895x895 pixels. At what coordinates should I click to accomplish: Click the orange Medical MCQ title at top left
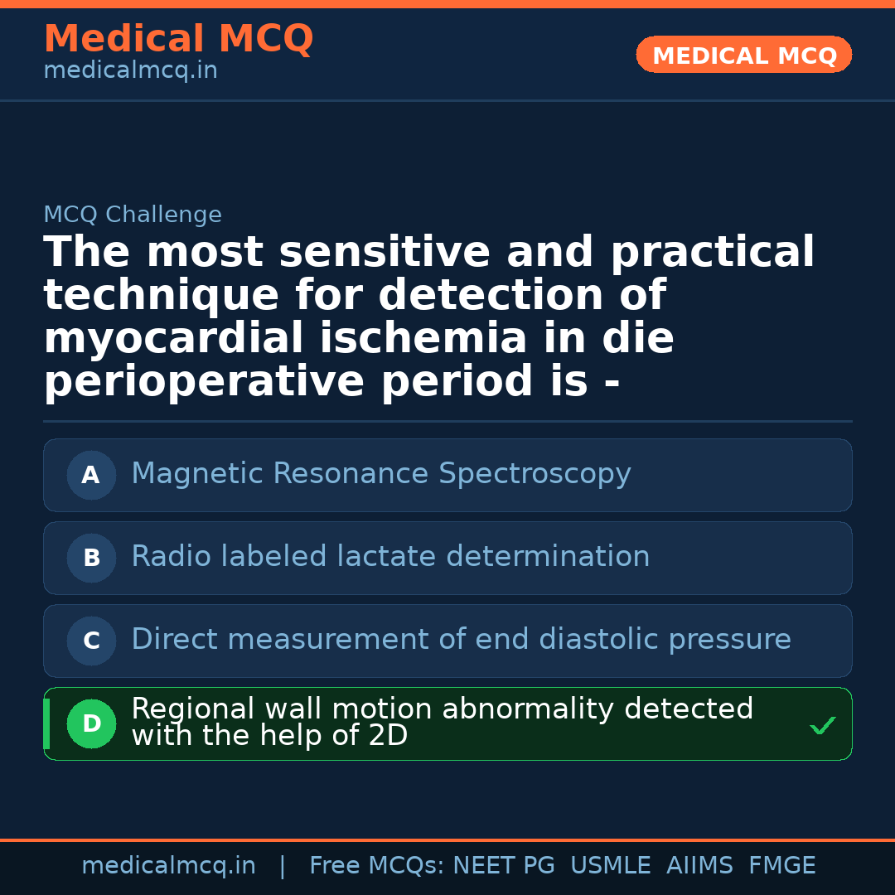(x=178, y=39)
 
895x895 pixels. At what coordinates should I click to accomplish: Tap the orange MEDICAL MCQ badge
(x=743, y=55)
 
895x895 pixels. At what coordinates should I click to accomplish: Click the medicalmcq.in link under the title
(x=130, y=70)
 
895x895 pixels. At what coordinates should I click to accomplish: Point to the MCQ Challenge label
(x=133, y=215)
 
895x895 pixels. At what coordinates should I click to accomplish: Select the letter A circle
(x=91, y=475)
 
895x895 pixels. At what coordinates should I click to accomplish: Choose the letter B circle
(x=91, y=558)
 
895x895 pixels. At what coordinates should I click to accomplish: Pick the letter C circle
(x=91, y=641)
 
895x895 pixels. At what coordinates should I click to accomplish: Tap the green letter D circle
(x=91, y=723)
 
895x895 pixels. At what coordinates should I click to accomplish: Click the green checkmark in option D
(x=822, y=726)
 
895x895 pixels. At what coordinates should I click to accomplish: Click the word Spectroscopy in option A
(x=535, y=474)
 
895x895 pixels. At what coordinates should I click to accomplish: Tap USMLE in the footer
(x=610, y=866)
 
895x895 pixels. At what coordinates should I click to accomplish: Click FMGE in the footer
(x=781, y=866)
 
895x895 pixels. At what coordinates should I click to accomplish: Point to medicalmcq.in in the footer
(x=168, y=866)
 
